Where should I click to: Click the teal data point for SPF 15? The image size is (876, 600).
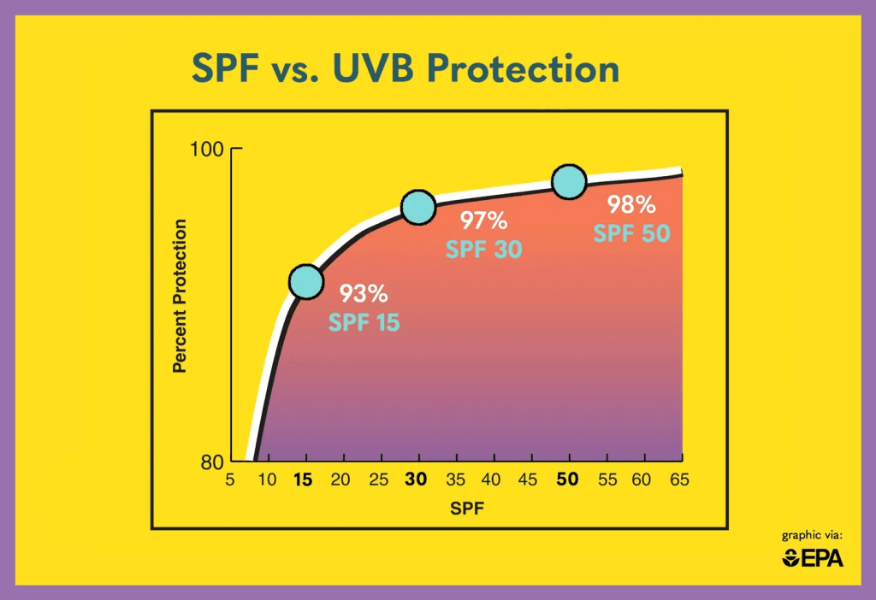point(305,281)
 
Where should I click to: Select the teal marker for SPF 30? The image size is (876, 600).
point(417,208)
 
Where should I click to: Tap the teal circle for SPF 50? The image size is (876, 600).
point(569,181)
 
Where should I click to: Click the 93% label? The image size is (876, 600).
point(364,294)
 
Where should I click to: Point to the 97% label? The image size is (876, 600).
point(484,221)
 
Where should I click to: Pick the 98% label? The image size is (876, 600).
point(631,204)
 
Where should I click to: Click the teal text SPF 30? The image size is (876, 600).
point(483,250)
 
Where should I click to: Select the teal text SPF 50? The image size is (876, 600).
point(631,232)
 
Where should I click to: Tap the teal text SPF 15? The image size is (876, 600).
point(364,322)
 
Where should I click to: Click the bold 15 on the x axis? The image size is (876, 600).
point(303,480)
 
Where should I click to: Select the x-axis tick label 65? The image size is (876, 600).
point(680,480)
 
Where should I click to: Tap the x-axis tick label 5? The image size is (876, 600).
point(229,480)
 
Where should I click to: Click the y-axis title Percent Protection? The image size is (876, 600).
point(180,296)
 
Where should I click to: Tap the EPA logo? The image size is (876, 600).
point(813,558)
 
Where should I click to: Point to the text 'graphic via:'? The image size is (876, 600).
point(813,536)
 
